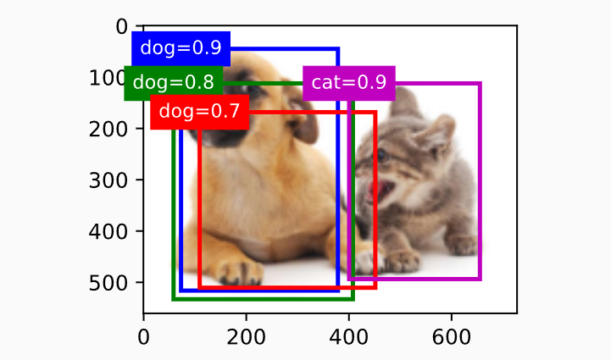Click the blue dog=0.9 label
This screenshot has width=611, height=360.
(x=181, y=48)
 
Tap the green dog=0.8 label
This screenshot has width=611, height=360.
(x=174, y=82)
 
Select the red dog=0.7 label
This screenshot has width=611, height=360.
(x=199, y=111)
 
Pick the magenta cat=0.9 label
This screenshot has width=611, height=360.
(x=348, y=82)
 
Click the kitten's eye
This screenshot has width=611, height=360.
(x=382, y=156)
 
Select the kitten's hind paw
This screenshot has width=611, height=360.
(x=462, y=245)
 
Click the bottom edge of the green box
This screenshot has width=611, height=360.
(x=263, y=298)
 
